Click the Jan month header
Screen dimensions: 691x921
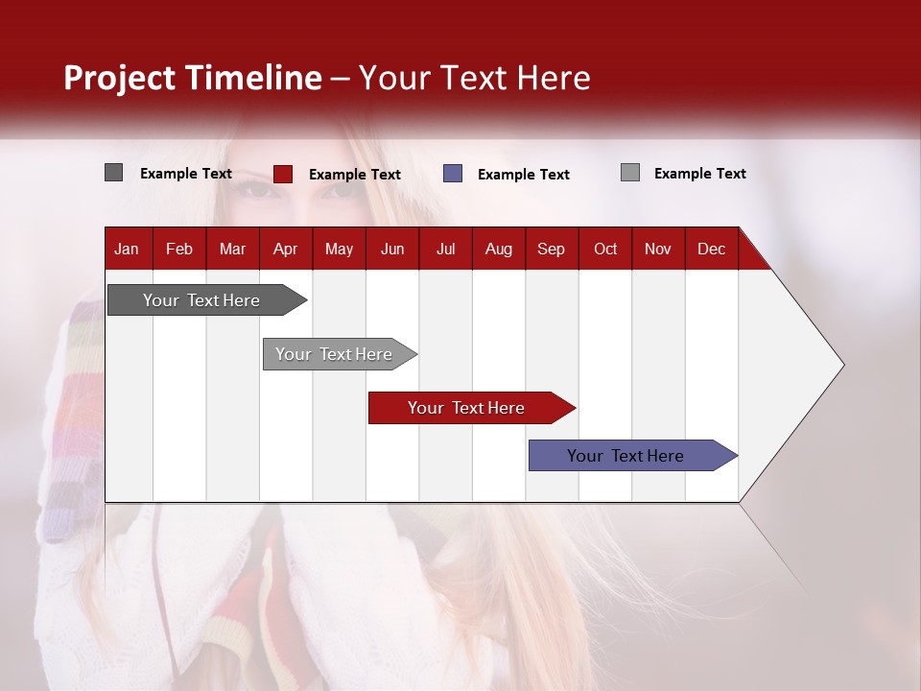pyautogui.click(x=127, y=250)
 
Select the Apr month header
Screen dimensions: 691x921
pyautogui.click(x=285, y=250)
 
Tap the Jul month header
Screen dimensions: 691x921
pyautogui.click(x=445, y=250)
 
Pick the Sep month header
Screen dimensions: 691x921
pyautogui.click(x=551, y=250)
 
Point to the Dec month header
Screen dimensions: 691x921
pyautogui.click(x=711, y=250)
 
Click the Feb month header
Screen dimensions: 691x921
pyautogui.click(x=179, y=250)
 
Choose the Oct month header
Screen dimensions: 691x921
pyautogui.click(x=605, y=250)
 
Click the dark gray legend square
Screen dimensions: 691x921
pyautogui.click(x=113, y=173)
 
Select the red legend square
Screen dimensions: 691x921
pyautogui.click(x=282, y=174)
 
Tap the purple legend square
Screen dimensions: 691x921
pyautogui.click(x=453, y=174)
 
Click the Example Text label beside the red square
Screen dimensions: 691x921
pyautogui.click(x=354, y=175)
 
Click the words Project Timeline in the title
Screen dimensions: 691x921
pyautogui.click(x=192, y=78)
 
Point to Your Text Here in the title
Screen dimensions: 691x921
pyautogui.click(x=475, y=78)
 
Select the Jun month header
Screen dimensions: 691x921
pyautogui.click(x=392, y=250)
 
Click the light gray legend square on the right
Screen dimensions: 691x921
pyautogui.click(x=629, y=173)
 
